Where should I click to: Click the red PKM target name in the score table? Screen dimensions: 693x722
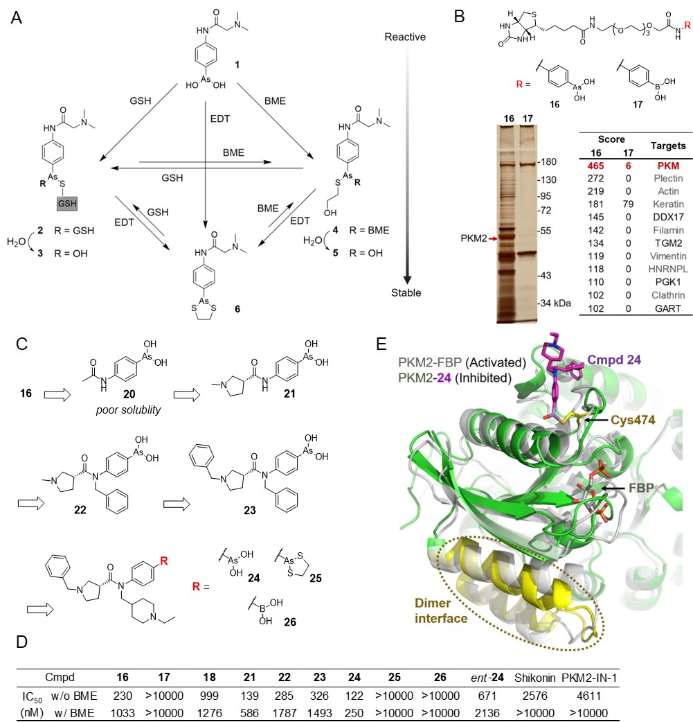point(668,166)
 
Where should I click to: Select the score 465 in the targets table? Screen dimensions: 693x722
point(595,166)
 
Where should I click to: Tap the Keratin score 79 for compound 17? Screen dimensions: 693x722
point(628,204)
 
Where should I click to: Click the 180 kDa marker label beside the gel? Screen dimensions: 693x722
point(547,161)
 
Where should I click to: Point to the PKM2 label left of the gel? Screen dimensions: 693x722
point(474,238)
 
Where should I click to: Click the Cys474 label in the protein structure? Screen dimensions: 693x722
point(633,420)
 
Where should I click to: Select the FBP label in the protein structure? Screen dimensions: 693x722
point(641,488)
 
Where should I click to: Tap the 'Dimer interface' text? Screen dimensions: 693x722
point(441,610)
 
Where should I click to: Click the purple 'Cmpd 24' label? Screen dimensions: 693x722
point(614,360)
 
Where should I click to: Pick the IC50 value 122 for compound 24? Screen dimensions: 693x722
point(354,696)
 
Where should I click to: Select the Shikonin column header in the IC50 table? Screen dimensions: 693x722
point(534,678)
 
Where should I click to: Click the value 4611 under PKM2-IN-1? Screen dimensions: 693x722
point(588,696)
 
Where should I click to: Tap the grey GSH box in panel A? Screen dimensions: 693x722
point(66,203)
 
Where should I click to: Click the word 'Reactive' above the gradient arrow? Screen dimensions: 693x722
point(405,37)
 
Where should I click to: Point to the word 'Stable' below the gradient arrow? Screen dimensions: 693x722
point(406,292)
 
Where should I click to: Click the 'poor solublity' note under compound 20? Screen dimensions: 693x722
point(128,410)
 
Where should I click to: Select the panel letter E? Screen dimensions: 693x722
point(381,344)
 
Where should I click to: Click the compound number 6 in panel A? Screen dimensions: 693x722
point(237,309)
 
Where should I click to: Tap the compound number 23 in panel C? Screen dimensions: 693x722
point(250,510)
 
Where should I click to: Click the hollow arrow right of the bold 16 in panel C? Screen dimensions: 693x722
point(57,395)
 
